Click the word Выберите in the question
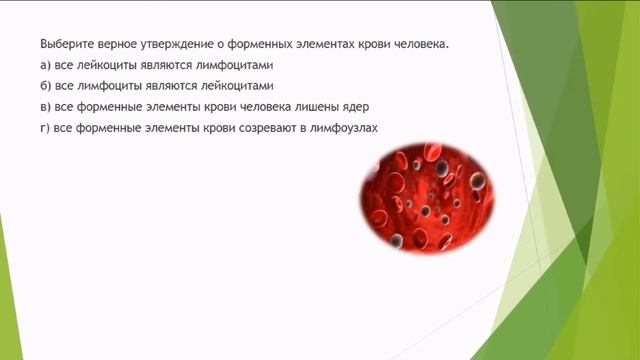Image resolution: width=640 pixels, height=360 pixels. point(64,45)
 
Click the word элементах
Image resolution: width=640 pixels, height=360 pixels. point(328,45)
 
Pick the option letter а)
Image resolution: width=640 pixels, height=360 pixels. point(46,65)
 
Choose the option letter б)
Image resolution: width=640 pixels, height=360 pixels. point(46,85)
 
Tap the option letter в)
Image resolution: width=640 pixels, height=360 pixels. point(46,106)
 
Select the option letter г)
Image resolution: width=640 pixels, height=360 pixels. point(45,126)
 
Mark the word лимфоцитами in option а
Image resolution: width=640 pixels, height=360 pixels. point(232,65)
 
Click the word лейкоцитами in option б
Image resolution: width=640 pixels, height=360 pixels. point(232,85)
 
